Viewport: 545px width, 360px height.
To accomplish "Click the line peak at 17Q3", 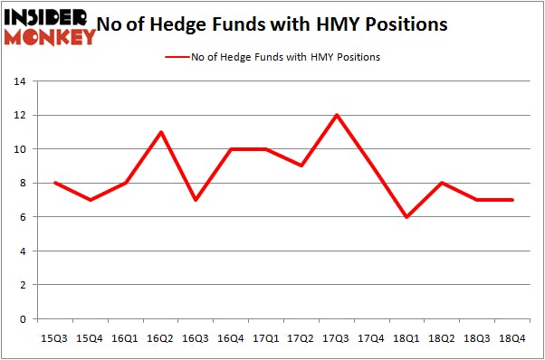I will point(336,115).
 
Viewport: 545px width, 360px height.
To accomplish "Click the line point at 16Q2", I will point(159,132).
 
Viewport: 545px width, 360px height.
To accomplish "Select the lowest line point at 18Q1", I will point(406,217).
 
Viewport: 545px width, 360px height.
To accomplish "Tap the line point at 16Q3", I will point(195,200).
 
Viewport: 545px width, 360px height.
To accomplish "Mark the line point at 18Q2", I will point(442,183).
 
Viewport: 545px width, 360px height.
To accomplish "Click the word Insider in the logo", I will point(47,16).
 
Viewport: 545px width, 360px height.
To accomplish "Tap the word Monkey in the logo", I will point(50,36).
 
